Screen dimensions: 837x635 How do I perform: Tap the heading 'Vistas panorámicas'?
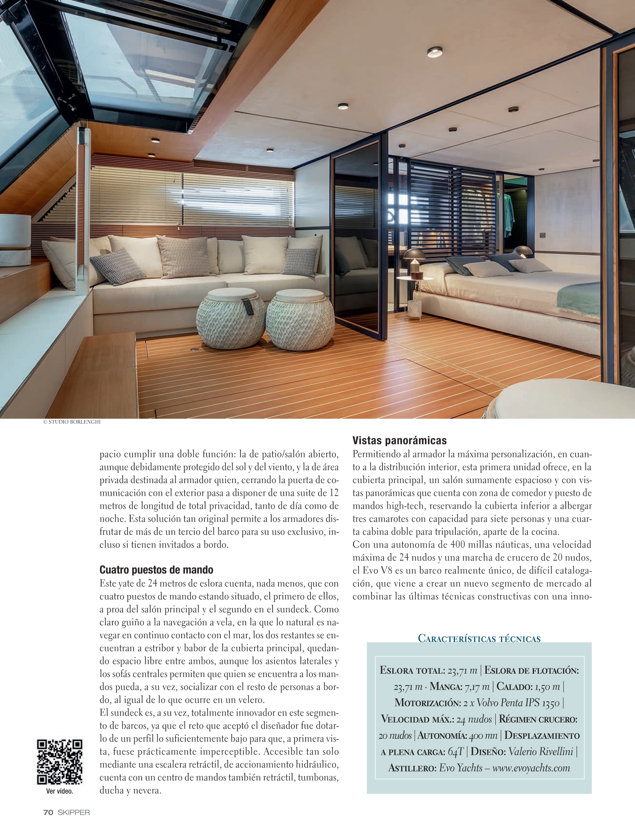click(399, 440)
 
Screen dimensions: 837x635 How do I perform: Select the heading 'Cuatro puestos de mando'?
click(156, 569)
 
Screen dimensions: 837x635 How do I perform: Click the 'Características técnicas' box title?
click(479, 638)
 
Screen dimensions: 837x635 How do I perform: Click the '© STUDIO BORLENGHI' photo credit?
click(72, 422)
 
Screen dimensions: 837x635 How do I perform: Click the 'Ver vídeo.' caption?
click(59, 791)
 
